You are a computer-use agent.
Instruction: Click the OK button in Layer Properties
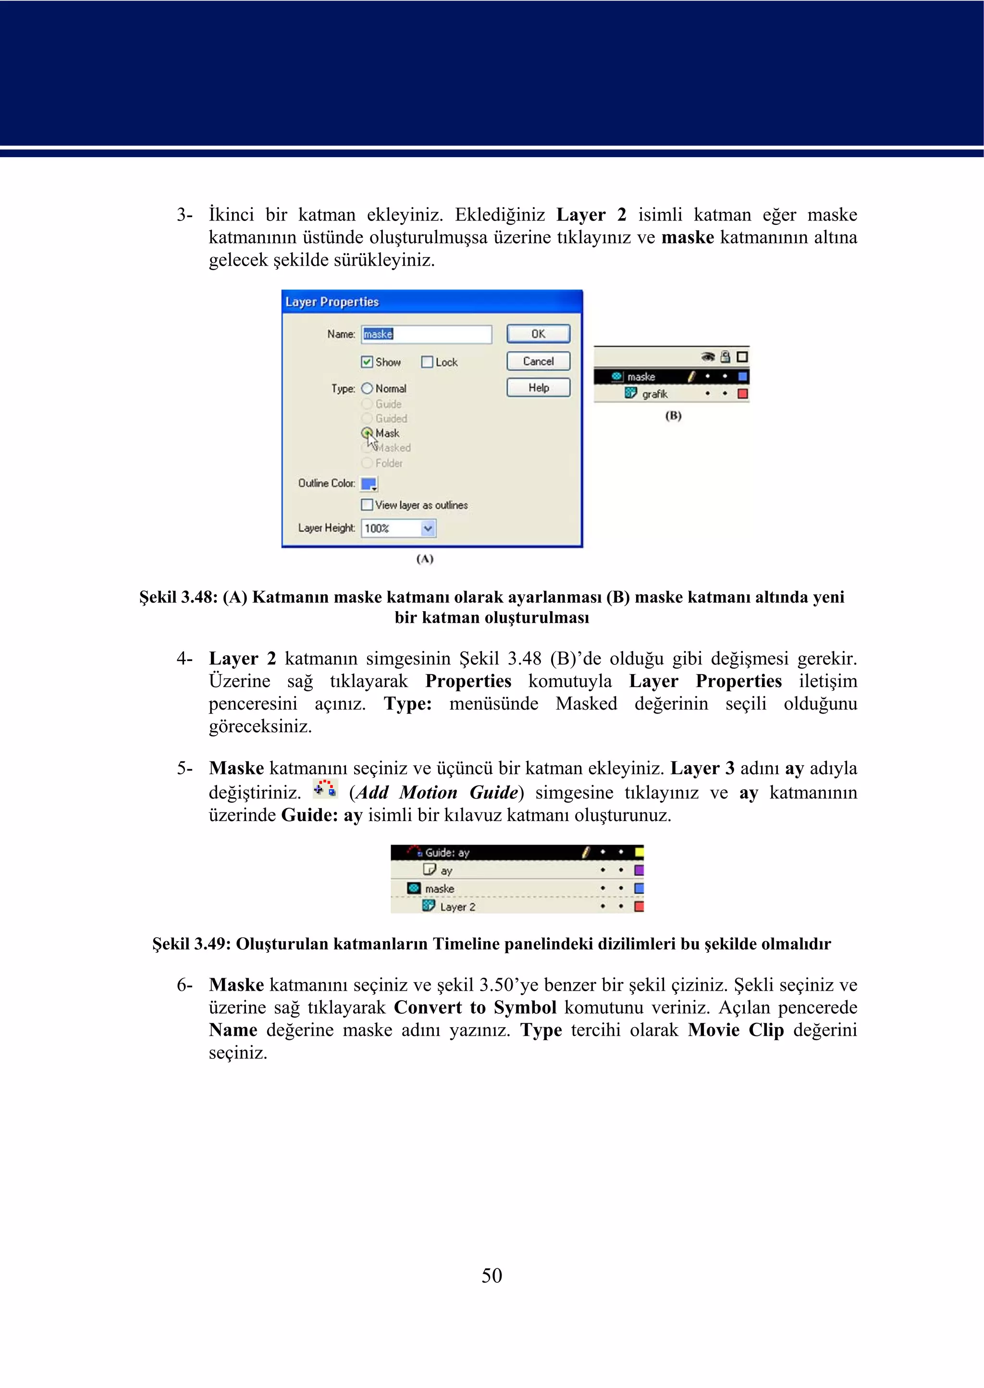pos(538,334)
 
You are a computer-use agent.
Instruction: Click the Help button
pos(538,388)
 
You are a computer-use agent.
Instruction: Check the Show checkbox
pos(367,362)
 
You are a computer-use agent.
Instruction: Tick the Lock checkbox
pos(427,362)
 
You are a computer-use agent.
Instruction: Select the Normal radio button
pos(367,388)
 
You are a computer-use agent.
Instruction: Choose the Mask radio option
pos(367,433)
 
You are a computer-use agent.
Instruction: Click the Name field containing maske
pos(427,334)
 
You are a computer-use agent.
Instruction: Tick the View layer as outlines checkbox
pos(367,504)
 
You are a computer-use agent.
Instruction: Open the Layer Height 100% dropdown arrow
pos(428,528)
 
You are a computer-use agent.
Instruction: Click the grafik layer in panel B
pos(654,394)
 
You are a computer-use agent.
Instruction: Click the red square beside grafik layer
pos(742,394)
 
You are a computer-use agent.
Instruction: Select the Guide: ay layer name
pos(447,852)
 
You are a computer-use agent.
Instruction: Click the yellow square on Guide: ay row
pos(639,852)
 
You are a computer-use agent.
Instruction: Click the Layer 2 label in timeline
pos(457,907)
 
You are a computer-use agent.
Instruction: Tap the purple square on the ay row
pos(639,871)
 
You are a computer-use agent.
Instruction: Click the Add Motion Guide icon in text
pos(325,789)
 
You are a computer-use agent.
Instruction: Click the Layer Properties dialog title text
pos(332,302)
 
